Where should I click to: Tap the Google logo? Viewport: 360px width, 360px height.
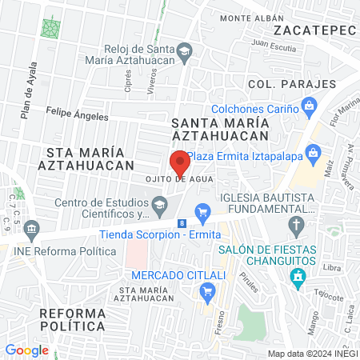(26, 350)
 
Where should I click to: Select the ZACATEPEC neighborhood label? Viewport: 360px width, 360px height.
(314, 30)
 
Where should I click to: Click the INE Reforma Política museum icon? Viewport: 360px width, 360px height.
(31, 229)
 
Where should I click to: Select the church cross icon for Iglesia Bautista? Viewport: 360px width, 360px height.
(297, 224)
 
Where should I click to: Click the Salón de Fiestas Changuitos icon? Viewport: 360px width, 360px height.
(298, 278)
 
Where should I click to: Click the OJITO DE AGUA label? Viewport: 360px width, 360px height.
(180, 179)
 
